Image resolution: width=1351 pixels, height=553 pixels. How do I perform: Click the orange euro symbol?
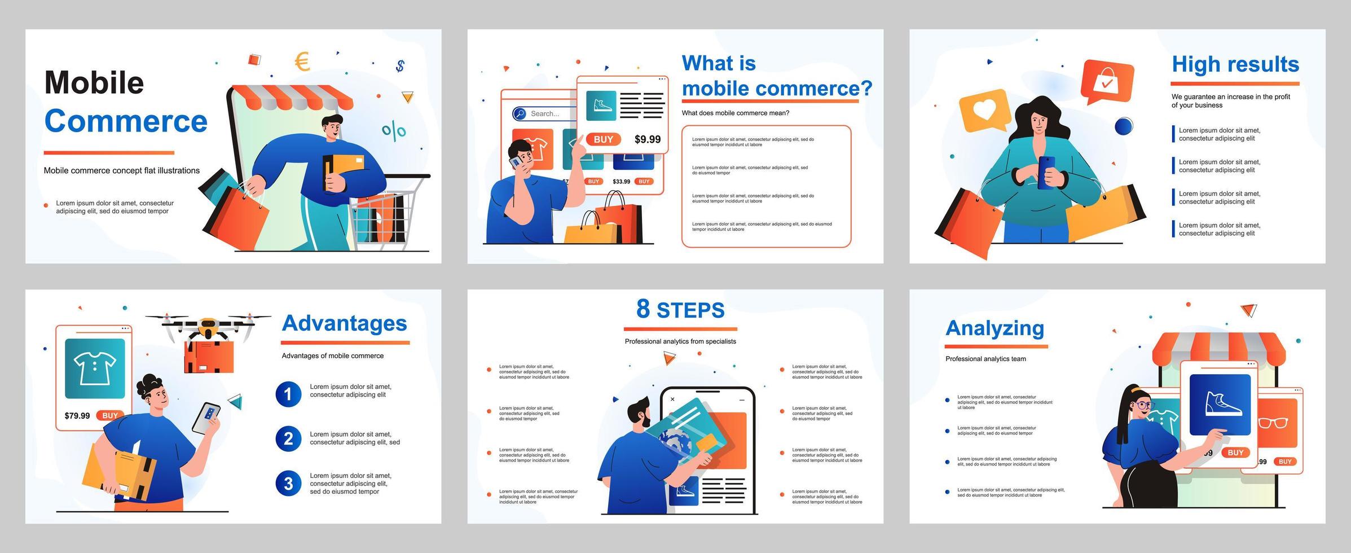(x=302, y=62)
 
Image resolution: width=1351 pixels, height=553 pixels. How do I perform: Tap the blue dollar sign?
(x=400, y=66)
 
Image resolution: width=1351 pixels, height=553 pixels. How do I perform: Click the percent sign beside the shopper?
(x=394, y=131)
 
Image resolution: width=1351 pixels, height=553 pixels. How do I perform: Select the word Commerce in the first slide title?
(x=126, y=121)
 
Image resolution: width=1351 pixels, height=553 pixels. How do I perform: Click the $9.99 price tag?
(x=647, y=139)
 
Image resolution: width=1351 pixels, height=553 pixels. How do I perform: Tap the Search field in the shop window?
(x=544, y=113)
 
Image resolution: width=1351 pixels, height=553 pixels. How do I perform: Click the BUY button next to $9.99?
(x=603, y=139)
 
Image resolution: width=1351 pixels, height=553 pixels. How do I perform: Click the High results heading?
(x=1235, y=64)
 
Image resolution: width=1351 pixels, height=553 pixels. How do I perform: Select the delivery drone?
(x=208, y=327)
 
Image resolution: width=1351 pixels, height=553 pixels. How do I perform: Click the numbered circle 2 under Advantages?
(x=288, y=438)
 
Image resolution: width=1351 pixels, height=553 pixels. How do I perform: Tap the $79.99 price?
(x=77, y=416)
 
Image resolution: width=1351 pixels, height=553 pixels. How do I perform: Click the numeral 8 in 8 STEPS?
(x=643, y=309)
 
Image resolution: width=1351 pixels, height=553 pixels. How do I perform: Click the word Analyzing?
(x=994, y=328)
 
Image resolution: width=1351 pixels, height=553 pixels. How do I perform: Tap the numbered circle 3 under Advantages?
(x=288, y=484)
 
